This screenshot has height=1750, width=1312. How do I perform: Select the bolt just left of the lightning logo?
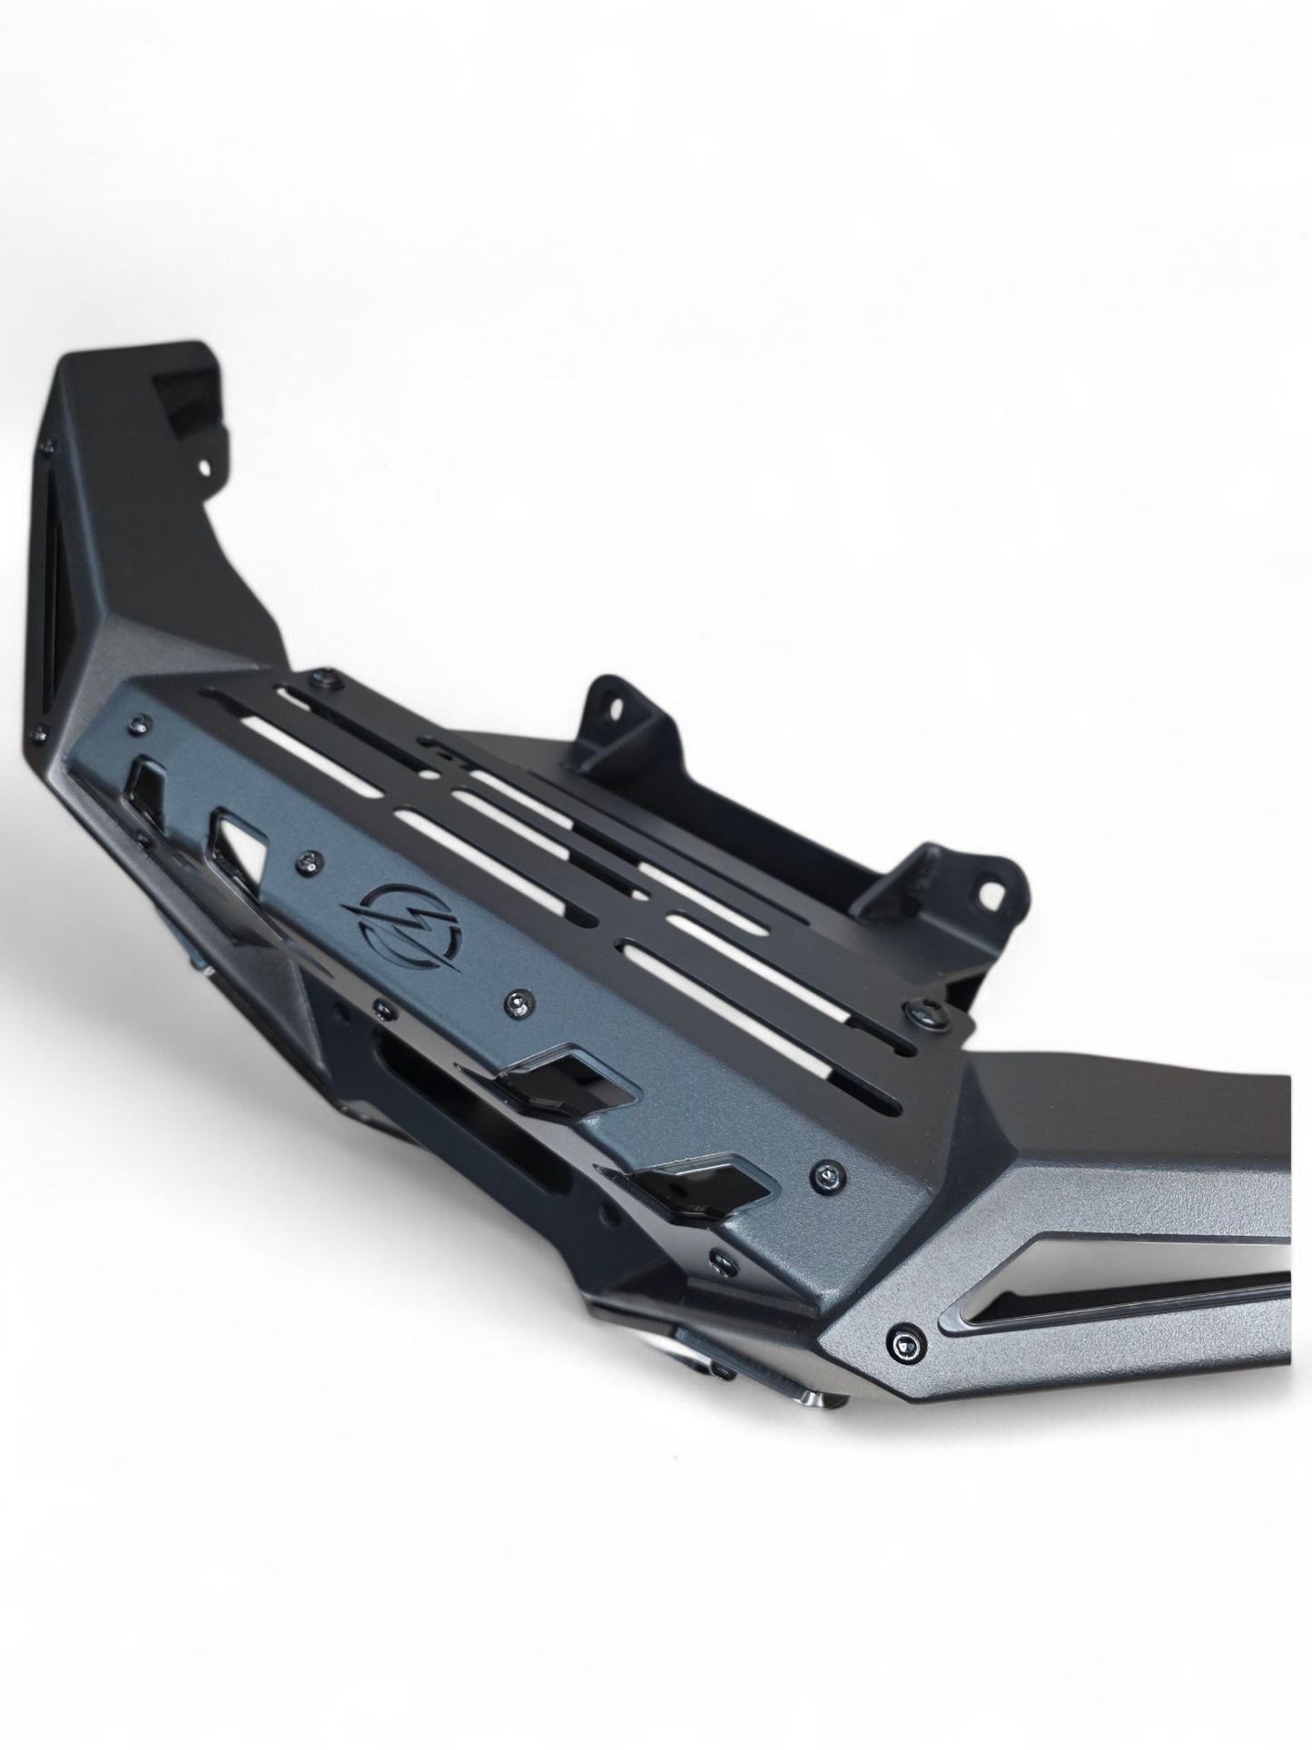click(x=311, y=859)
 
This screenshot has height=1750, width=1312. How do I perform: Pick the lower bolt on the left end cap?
click(x=39, y=733)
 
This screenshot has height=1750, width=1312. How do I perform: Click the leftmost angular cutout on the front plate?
click(x=148, y=780)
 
